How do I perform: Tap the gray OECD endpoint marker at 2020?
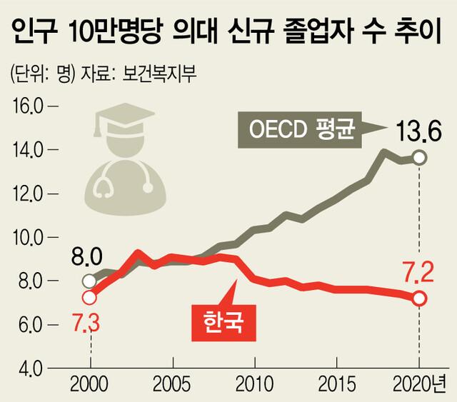[x=419, y=157]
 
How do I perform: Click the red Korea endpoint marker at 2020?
[x=419, y=298]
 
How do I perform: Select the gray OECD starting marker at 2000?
[x=89, y=281]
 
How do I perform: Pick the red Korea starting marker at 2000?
[x=89, y=297]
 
